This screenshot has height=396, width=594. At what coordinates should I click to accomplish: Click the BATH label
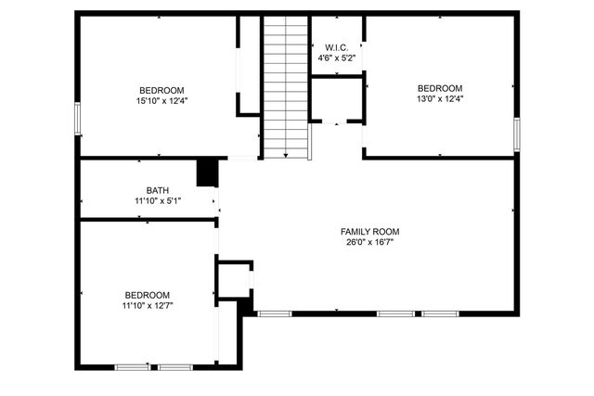point(157,189)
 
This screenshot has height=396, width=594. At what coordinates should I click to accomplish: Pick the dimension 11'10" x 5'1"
point(157,200)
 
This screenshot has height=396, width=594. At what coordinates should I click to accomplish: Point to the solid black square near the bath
point(207,172)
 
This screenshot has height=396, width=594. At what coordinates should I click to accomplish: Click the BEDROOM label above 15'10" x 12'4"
point(162,89)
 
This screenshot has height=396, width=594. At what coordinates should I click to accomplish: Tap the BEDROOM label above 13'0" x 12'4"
point(440,88)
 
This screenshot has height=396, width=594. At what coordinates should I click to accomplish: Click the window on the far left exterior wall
point(78,119)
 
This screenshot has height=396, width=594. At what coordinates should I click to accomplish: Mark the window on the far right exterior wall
point(516,132)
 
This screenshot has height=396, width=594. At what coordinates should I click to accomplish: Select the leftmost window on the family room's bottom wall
point(274,313)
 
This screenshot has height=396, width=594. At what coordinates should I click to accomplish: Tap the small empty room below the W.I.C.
point(335,99)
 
